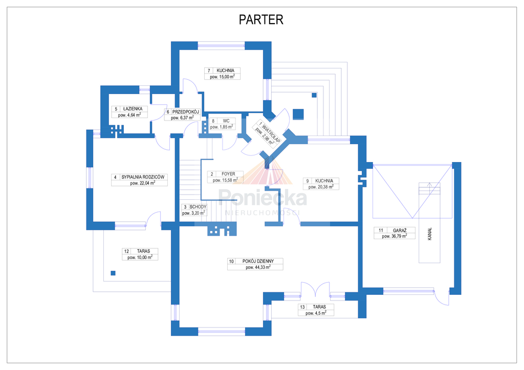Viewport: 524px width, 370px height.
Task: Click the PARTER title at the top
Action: click(261, 20)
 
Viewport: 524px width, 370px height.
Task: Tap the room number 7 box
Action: click(209, 70)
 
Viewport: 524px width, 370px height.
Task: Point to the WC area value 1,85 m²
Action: click(222, 127)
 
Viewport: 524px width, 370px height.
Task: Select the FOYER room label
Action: click(228, 174)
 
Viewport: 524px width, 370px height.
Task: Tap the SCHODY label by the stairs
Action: click(198, 207)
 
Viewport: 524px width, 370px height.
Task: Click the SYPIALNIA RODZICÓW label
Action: click(145, 177)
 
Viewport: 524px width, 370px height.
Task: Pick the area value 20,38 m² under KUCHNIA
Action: click(320, 187)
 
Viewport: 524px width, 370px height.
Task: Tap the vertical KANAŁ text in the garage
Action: click(430, 237)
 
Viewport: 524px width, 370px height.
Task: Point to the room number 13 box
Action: click(303, 307)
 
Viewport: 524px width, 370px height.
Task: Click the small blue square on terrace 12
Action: click(113, 272)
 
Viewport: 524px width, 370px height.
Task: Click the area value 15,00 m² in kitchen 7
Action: click(223, 77)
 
